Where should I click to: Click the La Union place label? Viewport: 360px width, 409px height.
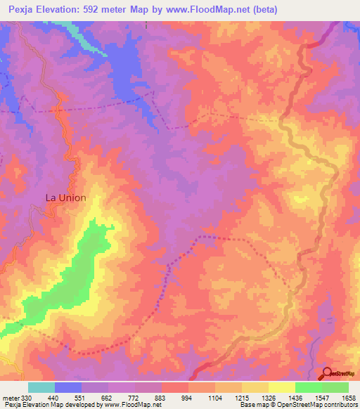pyautogui.click(x=66, y=197)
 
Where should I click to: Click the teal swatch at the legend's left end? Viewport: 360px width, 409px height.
pyautogui.click(x=41, y=387)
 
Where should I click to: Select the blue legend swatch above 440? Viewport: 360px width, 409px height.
pyautogui.click(x=68, y=387)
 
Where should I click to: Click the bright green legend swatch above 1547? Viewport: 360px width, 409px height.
pyautogui.click(x=308, y=387)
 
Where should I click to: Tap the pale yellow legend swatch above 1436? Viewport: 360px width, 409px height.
pyautogui.click(x=281, y=387)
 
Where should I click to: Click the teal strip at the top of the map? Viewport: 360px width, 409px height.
pyautogui.click(x=82, y=35)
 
